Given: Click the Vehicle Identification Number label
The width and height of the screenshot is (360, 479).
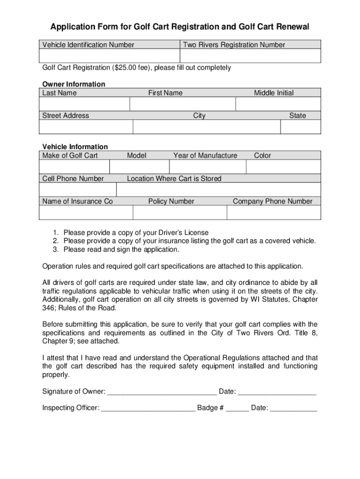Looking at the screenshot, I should click(x=88, y=45).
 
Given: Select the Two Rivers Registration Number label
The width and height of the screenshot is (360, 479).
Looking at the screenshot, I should click(x=234, y=45).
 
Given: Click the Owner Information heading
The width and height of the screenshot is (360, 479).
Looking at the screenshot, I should click(x=74, y=84).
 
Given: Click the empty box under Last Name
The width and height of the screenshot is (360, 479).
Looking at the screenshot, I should click(x=85, y=104).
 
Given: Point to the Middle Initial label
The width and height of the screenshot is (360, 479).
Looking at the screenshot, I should click(x=274, y=93).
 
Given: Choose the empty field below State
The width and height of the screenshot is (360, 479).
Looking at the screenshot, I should click(x=300, y=127).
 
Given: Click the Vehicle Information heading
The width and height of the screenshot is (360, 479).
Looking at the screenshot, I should click(x=75, y=147).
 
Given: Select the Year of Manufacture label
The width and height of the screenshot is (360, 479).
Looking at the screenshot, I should click(x=205, y=156).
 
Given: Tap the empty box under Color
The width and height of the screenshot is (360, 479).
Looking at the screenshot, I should click(x=283, y=167).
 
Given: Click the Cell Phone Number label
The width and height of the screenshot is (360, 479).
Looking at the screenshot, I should click(x=73, y=179).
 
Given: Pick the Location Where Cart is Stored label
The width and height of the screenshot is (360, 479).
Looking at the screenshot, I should click(x=174, y=179).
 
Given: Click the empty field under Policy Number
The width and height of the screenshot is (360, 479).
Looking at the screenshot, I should click(x=180, y=212).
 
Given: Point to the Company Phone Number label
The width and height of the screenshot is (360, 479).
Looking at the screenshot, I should click(x=273, y=202).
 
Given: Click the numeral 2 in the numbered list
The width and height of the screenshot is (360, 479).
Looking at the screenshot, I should click(x=55, y=241).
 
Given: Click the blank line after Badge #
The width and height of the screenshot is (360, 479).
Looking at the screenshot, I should click(x=238, y=408).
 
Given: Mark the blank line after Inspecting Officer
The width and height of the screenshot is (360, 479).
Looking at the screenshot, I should click(x=148, y=408).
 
